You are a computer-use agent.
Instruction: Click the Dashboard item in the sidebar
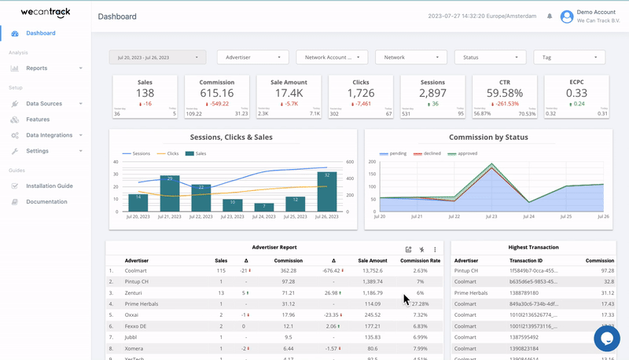pos(40,33)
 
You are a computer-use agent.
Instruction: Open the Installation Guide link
pos(49,186)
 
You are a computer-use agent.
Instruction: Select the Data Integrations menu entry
pos(49,135)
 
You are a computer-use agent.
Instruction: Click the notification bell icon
pos(549,17)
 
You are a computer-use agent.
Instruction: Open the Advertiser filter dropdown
pos(253,57)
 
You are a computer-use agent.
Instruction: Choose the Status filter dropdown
pos(490,57)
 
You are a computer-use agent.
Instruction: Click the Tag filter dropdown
pos(569,57)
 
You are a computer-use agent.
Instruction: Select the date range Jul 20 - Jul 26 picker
pos(157,57)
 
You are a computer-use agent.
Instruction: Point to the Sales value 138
pos(145,93)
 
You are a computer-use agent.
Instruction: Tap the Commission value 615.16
pos(216,93)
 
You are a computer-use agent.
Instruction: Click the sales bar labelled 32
pos(327,192)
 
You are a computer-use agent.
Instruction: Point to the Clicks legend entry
pos(171,153)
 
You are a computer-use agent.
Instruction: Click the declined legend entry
pos(430,153)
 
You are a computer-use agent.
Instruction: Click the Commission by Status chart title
pos(488,137)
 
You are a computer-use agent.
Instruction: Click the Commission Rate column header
pos(420,260)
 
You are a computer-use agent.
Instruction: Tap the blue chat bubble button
pos(607,338)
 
